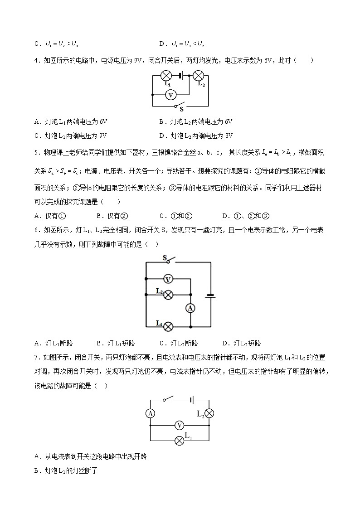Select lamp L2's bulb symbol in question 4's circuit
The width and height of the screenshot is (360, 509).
[x=198, y=76]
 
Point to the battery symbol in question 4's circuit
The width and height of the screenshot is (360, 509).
[x=181, y=76]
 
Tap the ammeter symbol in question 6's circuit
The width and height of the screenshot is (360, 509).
[x=190, y=308]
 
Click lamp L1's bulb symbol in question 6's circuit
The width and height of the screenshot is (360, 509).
[x=168, y=326]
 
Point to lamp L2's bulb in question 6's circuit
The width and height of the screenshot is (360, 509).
[x=168, y=295]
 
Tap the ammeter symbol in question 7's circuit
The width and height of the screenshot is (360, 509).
[x=151, y=413]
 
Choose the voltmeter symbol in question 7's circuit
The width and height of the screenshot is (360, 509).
[x=180, y=425]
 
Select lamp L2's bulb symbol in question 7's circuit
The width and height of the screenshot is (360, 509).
[x=209, y=413]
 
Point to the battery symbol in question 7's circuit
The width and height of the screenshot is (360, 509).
[x=192, y=400]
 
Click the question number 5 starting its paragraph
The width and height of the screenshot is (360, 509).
[x=36, y=153]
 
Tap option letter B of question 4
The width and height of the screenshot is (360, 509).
[x=162, y=122]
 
